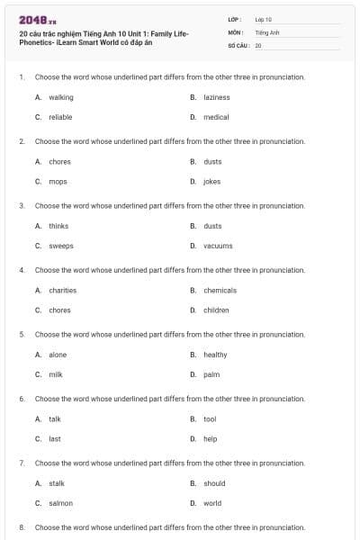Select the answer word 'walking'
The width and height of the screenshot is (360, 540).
point(61,97)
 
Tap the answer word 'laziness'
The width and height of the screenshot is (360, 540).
point(217,97)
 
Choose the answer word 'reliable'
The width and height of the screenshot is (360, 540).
point(60,117)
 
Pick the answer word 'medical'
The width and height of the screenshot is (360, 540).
point(216,117)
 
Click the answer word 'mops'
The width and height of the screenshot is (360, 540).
point(58,181)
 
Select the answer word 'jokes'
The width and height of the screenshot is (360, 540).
point(212,181)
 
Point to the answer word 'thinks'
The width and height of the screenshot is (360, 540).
point(58,226)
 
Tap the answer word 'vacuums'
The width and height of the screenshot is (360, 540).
point(218,246)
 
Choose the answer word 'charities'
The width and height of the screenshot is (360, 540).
point(62,290)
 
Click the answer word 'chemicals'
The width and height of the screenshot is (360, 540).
point(220,290)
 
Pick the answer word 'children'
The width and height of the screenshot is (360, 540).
point(216,310)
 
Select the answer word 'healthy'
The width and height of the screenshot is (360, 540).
point(215,355)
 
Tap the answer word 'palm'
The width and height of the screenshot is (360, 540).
point(211,374)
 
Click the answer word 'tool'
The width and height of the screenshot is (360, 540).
point(210,418)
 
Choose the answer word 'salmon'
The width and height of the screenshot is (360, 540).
point(60,503)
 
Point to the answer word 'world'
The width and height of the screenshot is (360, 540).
point(212,503)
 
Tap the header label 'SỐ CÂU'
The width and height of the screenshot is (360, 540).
point(237,44)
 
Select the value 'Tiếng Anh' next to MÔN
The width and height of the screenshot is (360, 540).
point(267,31)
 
